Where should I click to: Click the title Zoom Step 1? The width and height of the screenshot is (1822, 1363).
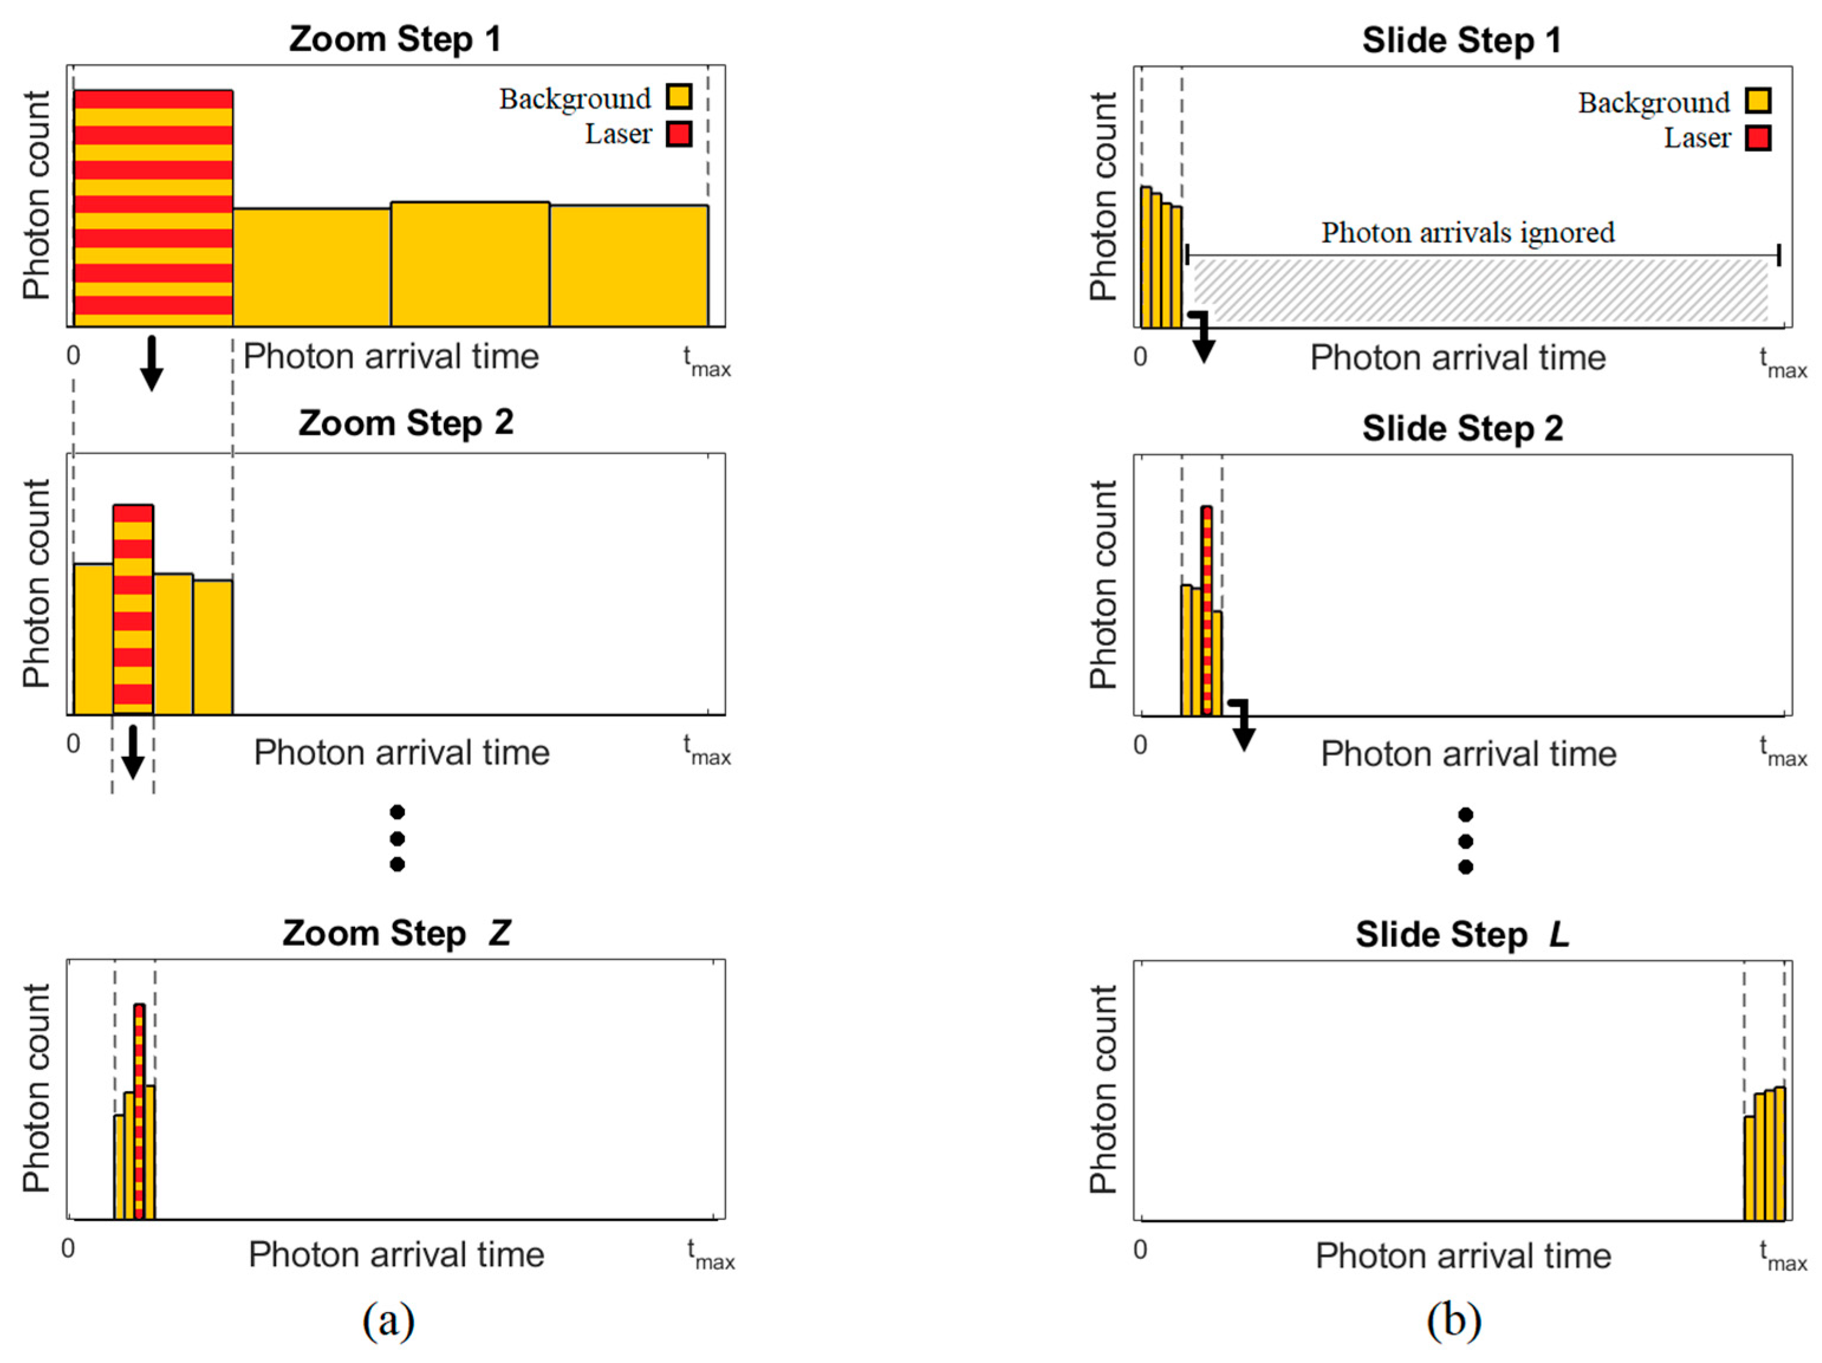tap(395, 39)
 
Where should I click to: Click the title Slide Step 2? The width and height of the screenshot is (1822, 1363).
tap(1462, 428)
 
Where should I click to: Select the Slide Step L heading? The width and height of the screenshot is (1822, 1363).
tap(1462, 935)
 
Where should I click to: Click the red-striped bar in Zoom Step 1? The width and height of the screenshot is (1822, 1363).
tap(153, 207)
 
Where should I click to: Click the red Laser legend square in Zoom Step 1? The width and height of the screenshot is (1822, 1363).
tap(679, 134)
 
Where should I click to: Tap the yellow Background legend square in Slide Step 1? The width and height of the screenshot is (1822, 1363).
tap(1758, 101)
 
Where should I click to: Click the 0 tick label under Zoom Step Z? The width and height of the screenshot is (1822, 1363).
tap(69, 1248)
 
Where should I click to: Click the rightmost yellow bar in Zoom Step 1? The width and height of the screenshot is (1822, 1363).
tap(629, 265)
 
